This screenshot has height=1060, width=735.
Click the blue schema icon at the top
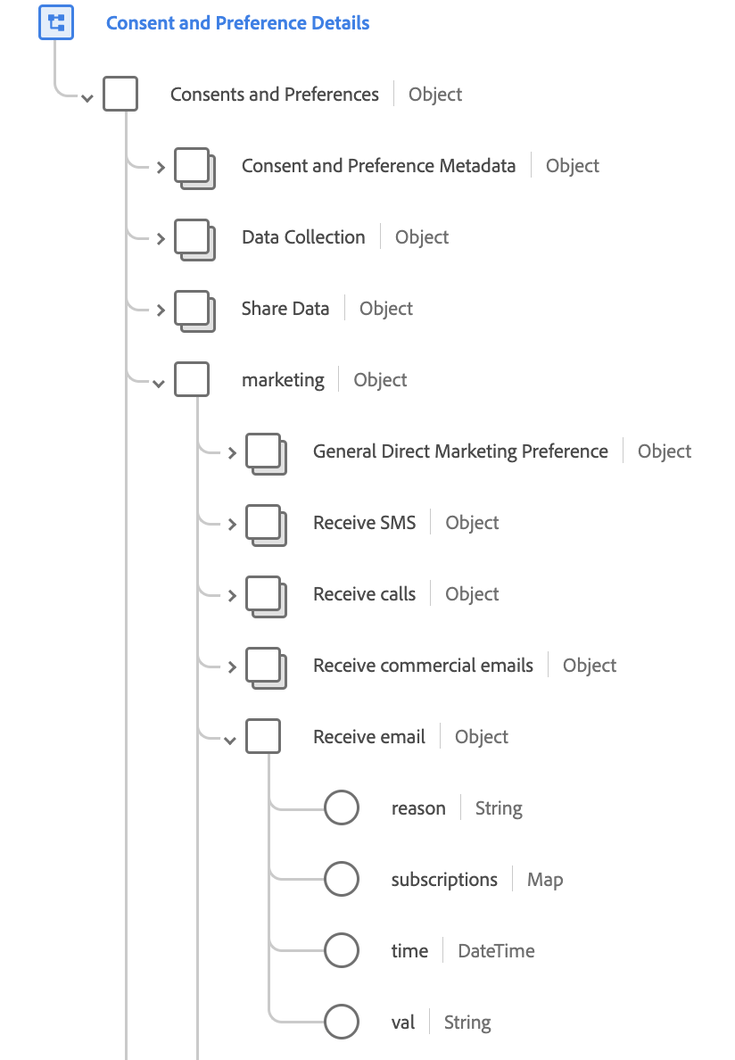click(x=56, y=22)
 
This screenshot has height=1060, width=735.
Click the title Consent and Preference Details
click(x=238, y=23)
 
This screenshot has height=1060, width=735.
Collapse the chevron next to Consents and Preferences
click(x=87, y=99)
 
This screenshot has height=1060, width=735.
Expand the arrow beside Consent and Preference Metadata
click(x=161, y=167)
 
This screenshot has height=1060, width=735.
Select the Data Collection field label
click(x=303, y=237)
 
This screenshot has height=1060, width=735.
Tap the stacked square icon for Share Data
click(x=194, y=311)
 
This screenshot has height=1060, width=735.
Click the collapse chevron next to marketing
click(x=159, y=384)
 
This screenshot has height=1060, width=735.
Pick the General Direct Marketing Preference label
click(x=460, y=451)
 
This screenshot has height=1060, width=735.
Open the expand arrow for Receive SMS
click(x=233, y=524)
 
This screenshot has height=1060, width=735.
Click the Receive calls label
click(x=364, y=594)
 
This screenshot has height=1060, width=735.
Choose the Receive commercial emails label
click(x=423, y=666)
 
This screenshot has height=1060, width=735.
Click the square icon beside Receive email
click(x=263, y=736)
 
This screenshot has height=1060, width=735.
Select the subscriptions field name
click(x=444, y=880)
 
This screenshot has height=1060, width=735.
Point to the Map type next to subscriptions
click(x=545, y=880)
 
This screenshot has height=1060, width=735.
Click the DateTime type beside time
click(x=497, y=951)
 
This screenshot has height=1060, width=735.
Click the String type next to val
click(x=467, y=1023)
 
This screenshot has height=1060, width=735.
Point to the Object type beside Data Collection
click(x=422, y=237)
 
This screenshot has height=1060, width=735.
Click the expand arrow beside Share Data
click(x=161, y=311)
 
